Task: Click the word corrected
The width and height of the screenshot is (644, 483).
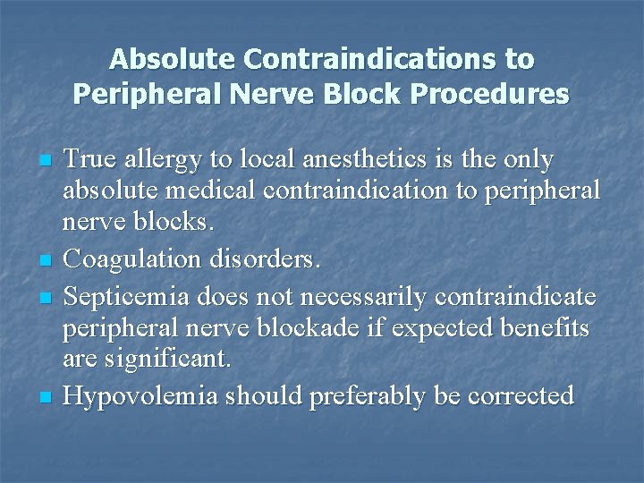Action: pyautogui.click(x=521, y=395)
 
